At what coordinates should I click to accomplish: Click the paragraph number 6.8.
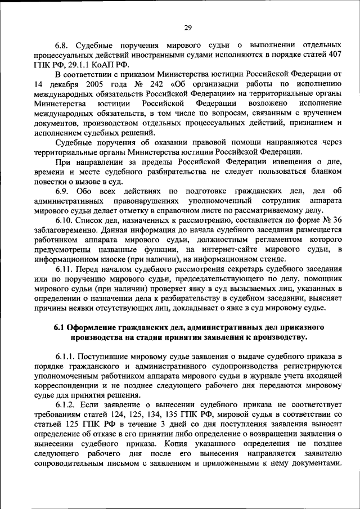click(x=62, y=43)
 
